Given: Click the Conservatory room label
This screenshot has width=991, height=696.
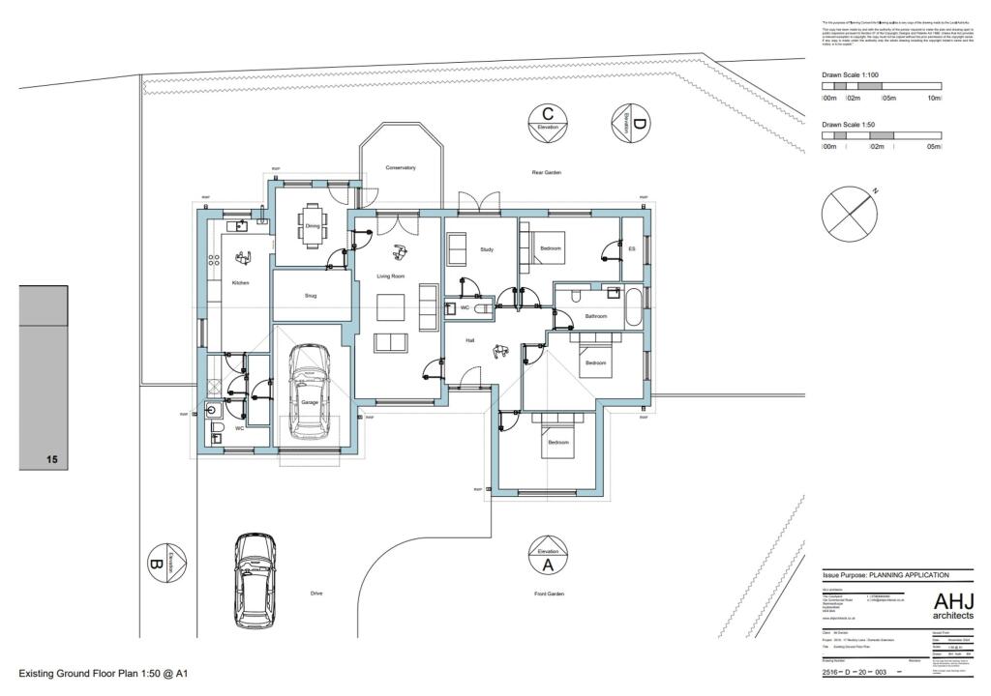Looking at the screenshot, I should tap(401, 167).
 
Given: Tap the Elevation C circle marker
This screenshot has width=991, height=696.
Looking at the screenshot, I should tap(547, 122).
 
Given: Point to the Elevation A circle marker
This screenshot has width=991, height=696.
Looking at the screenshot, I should tap(547, 558).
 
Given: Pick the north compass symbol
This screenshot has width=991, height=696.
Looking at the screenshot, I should tap(848, 213).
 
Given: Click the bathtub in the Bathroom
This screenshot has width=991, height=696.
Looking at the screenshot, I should tap(633, 307).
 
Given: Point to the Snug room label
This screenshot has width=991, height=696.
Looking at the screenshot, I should tap(311, 296).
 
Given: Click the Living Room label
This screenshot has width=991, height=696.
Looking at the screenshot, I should tap(391, 276).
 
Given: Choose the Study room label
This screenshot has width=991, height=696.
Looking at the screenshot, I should tap(487, 250).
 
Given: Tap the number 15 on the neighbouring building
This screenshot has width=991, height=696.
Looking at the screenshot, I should tap(52, 460).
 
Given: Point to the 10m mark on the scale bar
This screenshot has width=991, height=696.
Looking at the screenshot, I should tap(934, 98).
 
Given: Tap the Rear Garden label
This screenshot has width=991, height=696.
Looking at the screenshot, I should tap(547, 172).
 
